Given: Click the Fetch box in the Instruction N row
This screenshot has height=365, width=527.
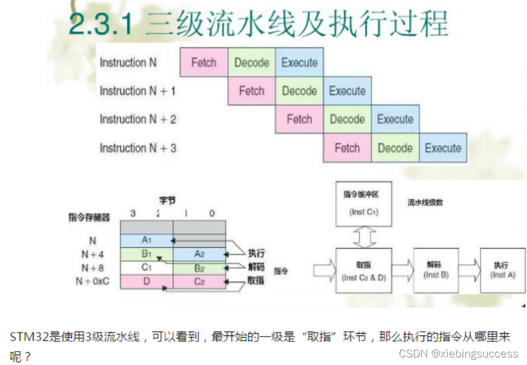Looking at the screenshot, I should tap(204, 63).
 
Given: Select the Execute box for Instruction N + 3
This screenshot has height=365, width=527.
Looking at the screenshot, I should tap(443, 148).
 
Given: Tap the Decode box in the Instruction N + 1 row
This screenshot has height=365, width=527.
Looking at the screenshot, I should tap(299, 91).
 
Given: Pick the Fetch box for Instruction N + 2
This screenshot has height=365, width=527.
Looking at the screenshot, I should tap(299, 119).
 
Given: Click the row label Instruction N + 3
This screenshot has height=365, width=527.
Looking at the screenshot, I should tap(138, 148).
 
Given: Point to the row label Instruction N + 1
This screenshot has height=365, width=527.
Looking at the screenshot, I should tap(138, 91).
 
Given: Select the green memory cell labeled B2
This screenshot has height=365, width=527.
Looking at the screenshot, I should tap(199, 268).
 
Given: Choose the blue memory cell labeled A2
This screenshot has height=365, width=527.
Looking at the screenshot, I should tap(199, 254).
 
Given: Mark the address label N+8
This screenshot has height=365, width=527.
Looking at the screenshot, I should tap(93, 268).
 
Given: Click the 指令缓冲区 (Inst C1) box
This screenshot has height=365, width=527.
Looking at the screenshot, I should tap(364, 203).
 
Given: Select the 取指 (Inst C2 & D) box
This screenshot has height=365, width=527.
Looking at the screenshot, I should tap(364, 269).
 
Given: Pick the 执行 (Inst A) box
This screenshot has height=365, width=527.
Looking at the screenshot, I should tap(503, 269).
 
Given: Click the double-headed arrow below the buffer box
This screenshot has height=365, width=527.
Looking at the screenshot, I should tap(364, 236).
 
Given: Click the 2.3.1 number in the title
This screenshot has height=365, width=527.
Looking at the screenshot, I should tap(102, 25).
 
